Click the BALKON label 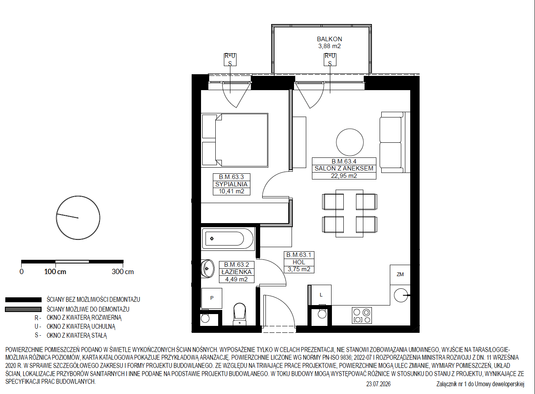(x=329, y=39)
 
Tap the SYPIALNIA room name (x=232, y=184)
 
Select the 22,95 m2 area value (x=344, y=176)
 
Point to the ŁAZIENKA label (x=237, y=272)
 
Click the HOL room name (x=299, y=262)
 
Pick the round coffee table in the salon (x=349, y=142)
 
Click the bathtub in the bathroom (x=228, y=239)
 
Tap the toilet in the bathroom (x=239, y=314)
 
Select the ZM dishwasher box (x=400, y=274)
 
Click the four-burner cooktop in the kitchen (x=362, y=315)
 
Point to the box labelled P (x=212, y=298)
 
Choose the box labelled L (x=321, y=295)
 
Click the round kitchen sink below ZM (x=401, y=295)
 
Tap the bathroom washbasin (x=207, y=269)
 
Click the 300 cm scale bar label (x=123, y=272)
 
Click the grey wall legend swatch (x=23, y=310)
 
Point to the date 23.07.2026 (x=378, y=384)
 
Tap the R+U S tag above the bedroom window (x=230, y=60)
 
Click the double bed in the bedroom (x=234, y=140)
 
